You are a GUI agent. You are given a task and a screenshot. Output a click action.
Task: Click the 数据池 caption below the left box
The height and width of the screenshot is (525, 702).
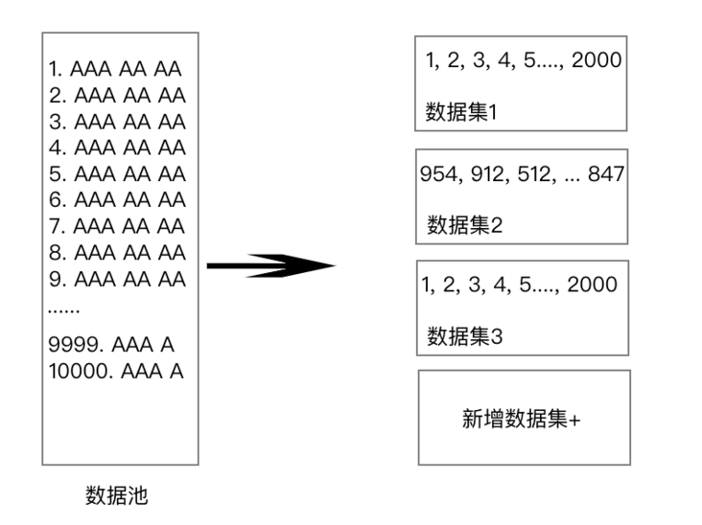116,495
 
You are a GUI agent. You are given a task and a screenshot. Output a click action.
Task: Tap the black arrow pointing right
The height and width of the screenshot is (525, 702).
270,265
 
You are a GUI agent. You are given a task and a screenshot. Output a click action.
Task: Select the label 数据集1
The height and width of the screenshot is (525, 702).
461,112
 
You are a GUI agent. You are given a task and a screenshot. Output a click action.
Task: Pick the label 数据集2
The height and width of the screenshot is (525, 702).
464,224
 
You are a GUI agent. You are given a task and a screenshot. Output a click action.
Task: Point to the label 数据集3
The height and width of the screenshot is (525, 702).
464,336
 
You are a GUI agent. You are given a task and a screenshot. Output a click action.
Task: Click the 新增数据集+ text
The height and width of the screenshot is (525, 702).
521,419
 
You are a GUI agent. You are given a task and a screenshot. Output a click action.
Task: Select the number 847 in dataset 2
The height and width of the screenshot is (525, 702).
606,174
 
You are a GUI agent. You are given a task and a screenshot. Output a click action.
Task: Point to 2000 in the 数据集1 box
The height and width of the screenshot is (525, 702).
597,60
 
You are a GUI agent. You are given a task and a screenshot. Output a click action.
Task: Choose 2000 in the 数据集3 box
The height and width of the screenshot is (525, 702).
593,285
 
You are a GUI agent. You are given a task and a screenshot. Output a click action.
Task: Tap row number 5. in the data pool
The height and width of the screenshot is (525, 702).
58,174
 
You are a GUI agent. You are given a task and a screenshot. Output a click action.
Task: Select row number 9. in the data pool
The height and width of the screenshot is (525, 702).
58,280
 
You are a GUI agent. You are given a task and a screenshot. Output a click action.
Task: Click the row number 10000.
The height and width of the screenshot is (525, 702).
81,372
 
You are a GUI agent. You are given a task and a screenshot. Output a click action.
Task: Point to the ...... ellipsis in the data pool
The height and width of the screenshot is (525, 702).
63,309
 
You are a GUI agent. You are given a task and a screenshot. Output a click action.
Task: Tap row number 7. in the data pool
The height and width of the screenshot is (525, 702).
58,226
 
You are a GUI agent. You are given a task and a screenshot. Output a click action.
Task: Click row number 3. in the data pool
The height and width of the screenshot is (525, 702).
58,122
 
